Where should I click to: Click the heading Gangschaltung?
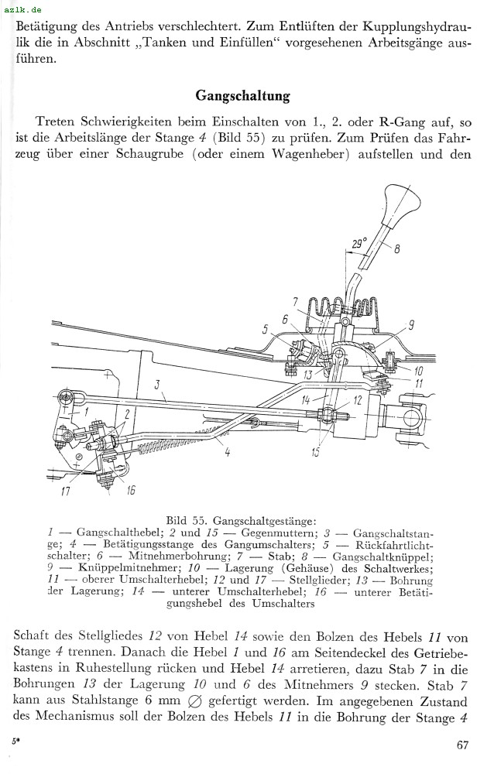242,96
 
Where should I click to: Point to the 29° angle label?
358,244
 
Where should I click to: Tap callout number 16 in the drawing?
131,489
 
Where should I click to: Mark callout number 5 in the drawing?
265,330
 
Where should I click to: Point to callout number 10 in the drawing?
418,370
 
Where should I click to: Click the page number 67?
462,746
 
